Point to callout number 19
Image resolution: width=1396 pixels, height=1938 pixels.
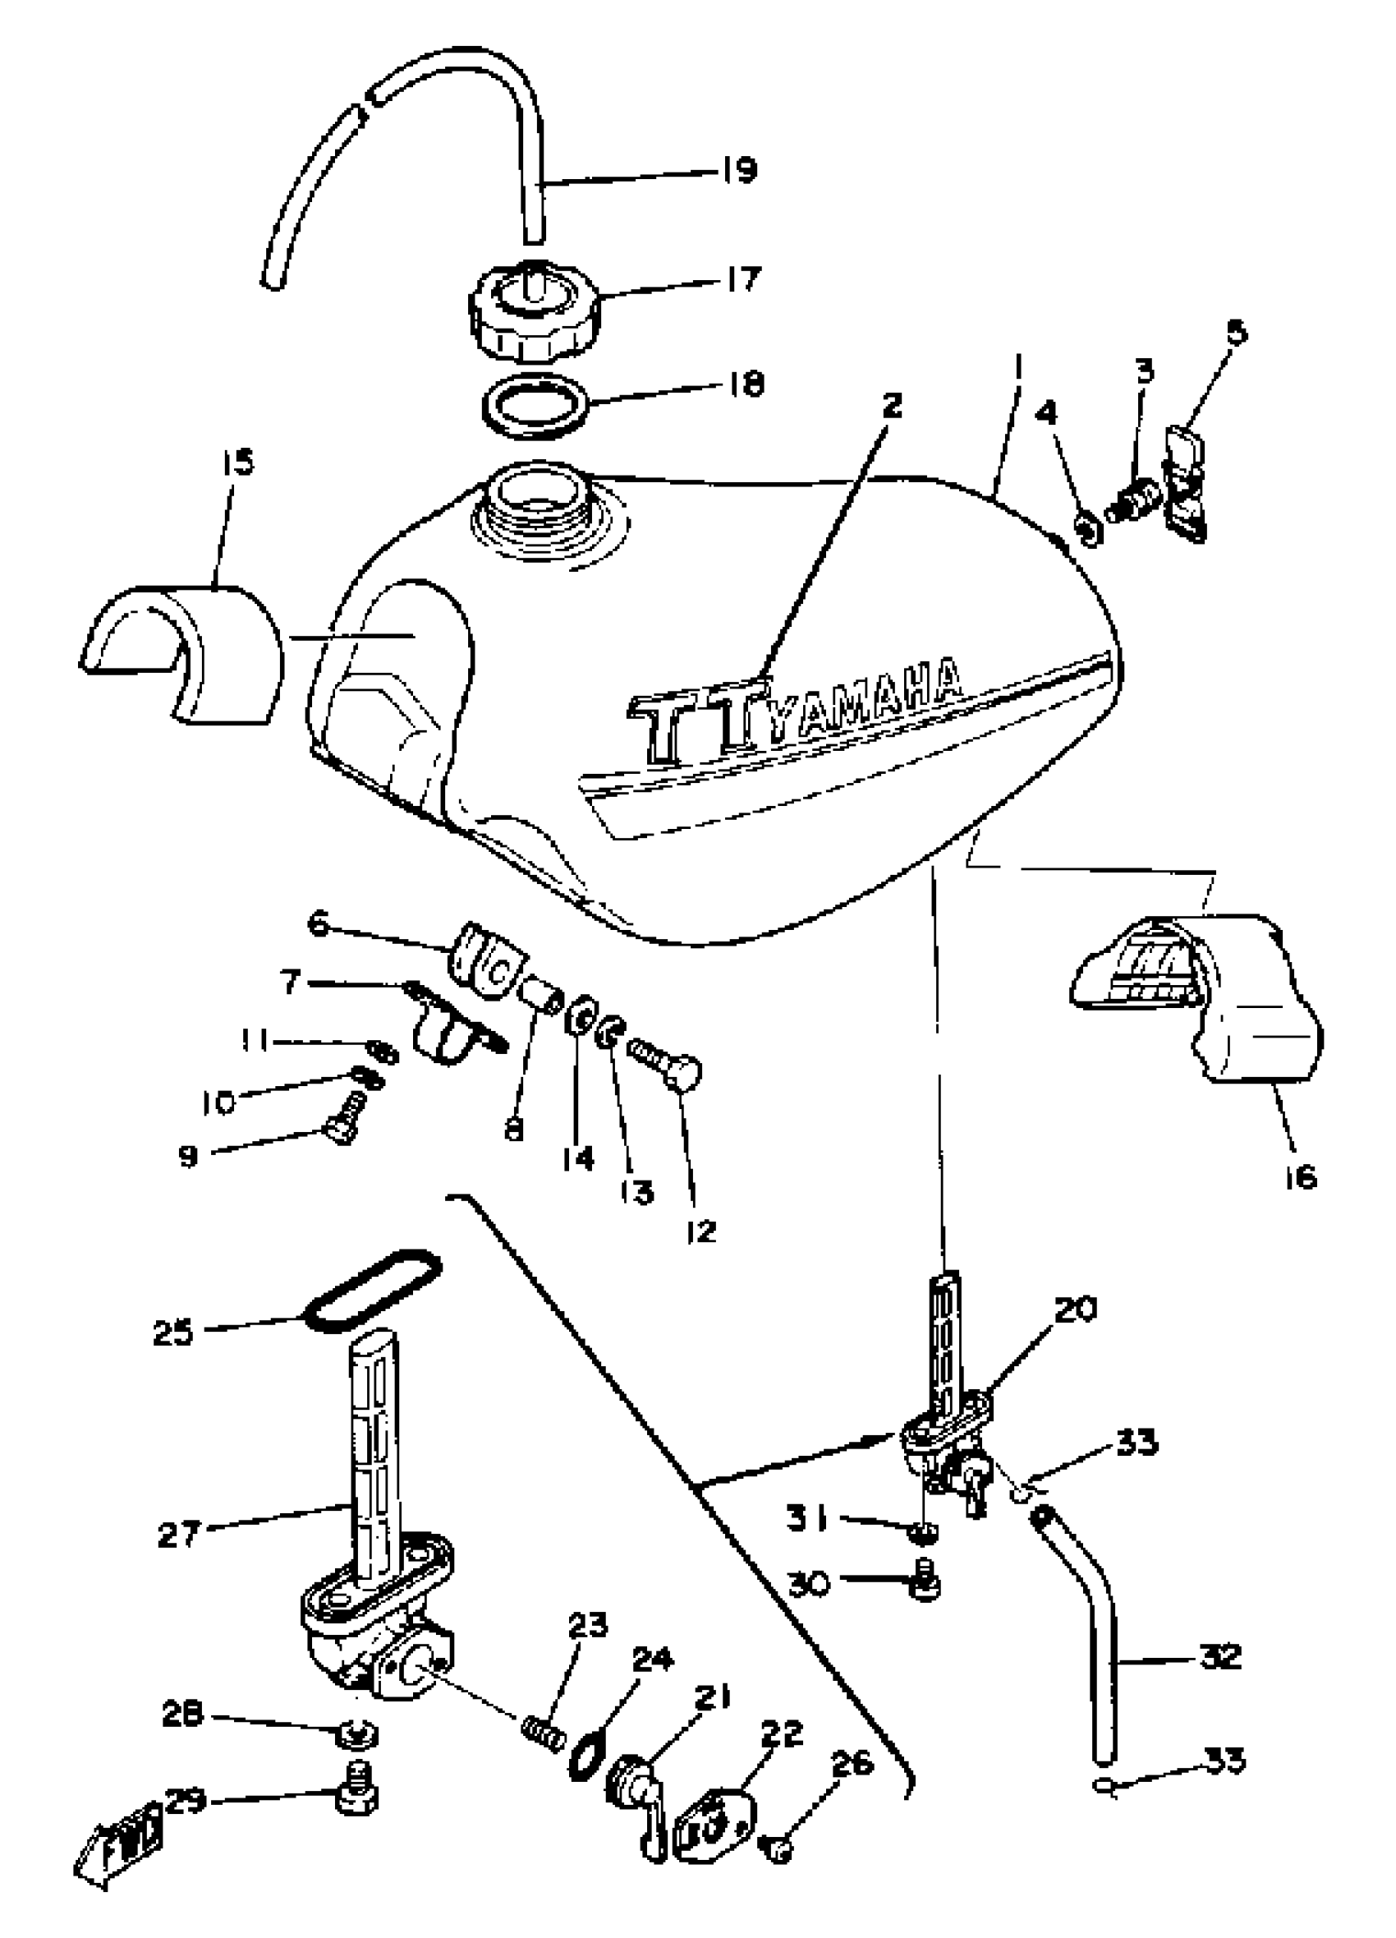(739, 169)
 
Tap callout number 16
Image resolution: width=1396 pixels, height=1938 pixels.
(1298, 1178)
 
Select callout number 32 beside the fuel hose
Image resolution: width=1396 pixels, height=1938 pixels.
(1220, 1656)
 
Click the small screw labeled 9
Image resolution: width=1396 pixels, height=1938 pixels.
(343, 1121)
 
